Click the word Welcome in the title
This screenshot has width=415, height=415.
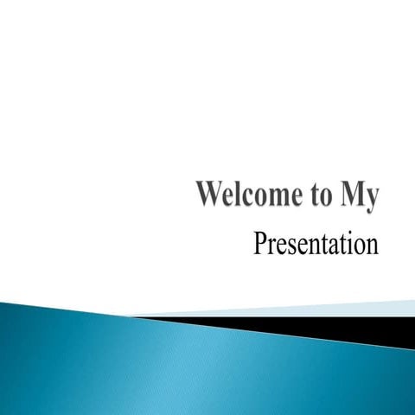point(246,196)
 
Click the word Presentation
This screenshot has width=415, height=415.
point(316,245)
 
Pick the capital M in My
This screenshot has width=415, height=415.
point(348,195)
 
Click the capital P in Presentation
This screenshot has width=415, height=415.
point(260,244)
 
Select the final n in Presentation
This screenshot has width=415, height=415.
point(373,247)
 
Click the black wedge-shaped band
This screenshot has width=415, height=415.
point(346,326)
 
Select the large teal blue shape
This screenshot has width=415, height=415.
point(173,363)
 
